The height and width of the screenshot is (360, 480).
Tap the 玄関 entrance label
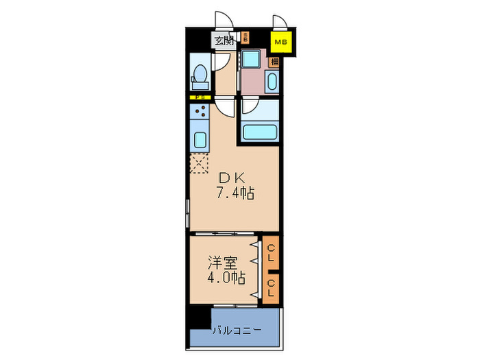point(224,40)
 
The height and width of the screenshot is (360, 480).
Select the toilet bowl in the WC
point(200,71)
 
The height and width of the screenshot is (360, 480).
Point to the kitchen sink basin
point(200,141)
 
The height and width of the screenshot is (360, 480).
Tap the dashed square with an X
point(199,163)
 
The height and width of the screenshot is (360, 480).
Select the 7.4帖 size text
point(235,193)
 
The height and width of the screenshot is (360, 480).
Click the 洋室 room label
point(223,262)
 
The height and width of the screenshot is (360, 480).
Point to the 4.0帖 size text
point(226,278)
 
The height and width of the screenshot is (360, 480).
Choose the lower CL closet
point(272,287)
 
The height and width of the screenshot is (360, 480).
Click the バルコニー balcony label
point(237,331)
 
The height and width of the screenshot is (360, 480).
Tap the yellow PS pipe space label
point(200,97)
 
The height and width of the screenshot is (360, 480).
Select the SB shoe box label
point(244,39)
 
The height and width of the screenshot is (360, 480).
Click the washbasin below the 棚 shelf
point(272,83)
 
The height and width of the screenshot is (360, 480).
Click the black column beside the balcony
point(200,316)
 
